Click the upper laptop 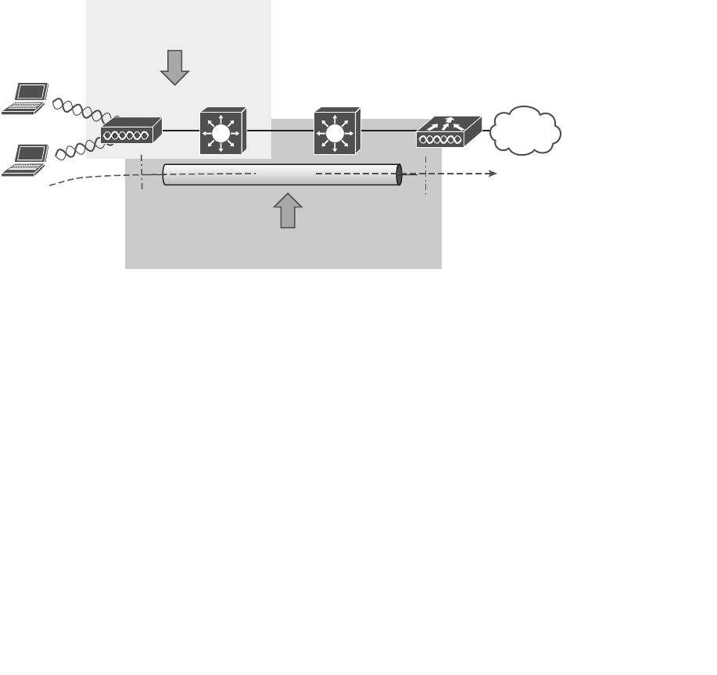(x=25, y=99)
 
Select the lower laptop (x=25, y=160)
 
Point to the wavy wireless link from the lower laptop (x=78, y=145)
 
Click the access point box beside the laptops (x=131, y=130)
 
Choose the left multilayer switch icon (x=222, y=131)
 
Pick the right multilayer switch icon (x=335, y=131)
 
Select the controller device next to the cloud (x=448, y=131)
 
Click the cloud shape (x=525, y=130)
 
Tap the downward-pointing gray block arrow (x=175, y=67)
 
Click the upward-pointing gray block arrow (x=288, y=210)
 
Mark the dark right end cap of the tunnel (x=399, y=174)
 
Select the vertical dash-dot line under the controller (x=426, y=176)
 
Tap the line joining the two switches (x=279, y=131)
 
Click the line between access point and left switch (x=181, y=131)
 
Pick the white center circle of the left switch (x=221, y=134)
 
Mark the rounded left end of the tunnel (x=165, y=174)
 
